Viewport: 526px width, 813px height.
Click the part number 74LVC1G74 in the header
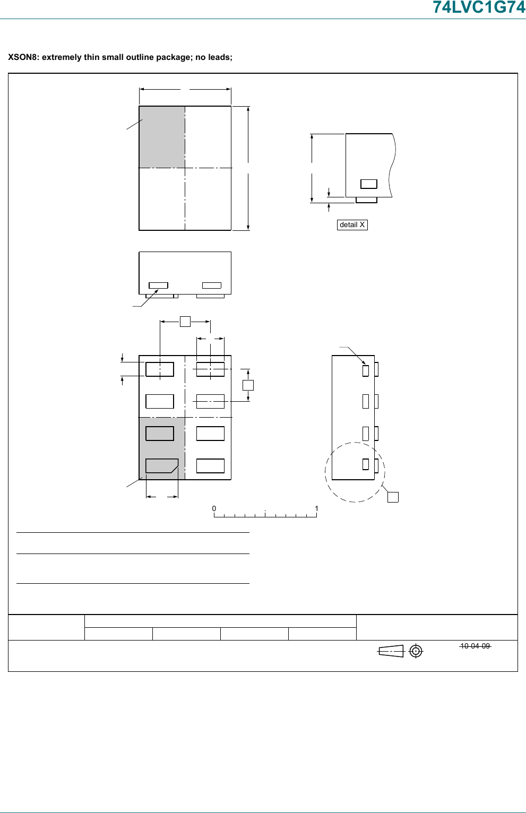pos(479,7)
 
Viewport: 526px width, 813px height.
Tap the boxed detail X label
pos(352,224)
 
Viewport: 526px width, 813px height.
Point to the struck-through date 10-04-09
pos(475,646)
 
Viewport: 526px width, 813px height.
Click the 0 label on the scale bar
pos(214,508)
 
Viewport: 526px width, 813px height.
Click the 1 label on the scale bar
pos(316,508)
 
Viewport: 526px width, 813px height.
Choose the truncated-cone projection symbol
pos(391,651)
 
